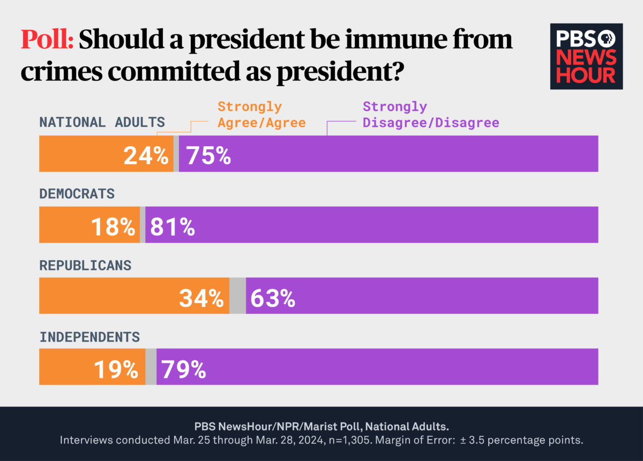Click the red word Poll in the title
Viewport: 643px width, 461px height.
tap(47, 40)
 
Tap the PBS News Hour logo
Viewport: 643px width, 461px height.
tap(586, 56)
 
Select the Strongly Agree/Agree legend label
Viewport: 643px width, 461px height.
tap(261, 115)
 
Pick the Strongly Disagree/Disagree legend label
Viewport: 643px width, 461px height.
tap(430, 115)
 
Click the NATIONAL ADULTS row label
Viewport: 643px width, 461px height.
tap(102, 122)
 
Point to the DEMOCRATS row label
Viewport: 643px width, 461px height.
tap(77, 193)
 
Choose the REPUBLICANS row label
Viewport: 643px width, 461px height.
tap(85, 264)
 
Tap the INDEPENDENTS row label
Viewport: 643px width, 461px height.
tap(89, 336)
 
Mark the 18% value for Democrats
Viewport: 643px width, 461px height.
tap(113, 226)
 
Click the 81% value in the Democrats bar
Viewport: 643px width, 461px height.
tap(173, 226)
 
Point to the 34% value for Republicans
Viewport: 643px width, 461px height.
tap(201, 298)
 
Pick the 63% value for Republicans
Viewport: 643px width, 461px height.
tap(273, 298)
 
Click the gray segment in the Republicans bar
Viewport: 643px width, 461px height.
tap(238, 296)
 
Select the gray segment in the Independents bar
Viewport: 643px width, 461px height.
tap(151, 367)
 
